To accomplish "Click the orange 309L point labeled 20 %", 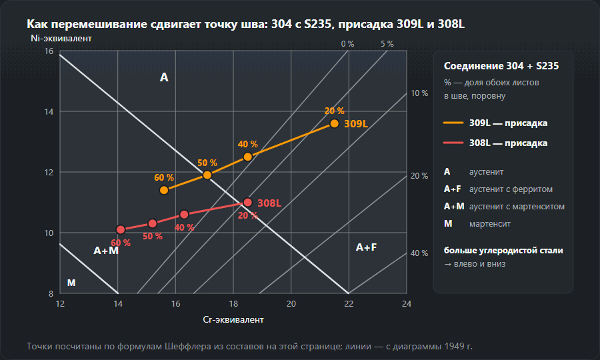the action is [x=335, y=123].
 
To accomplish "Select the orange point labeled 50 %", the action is [x=207, y=175].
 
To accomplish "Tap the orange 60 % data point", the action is [x=164, y=190].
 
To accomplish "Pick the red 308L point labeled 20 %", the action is [x=247, y=203].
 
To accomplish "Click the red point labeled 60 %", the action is [x=121, y=229].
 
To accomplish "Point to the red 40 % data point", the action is [x=184, y=215].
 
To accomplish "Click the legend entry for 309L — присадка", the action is [x=495, y=123].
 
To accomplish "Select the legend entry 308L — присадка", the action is [x=495, y=143].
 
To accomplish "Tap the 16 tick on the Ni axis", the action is [x=49, y=51].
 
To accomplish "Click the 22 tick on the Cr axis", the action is [x=349, y=304].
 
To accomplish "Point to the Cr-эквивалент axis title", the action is [x=233, y=320].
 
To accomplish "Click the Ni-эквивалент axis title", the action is [x=61, y=38].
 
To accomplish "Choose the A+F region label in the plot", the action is [x=366, y=247].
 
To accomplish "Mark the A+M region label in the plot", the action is [x=106, y=251].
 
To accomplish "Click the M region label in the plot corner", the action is [x=71, y=283].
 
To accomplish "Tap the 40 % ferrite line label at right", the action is [x=419, y=253].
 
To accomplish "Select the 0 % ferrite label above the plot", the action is [x=347, y=44].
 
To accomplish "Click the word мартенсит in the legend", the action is [x=490, y=224].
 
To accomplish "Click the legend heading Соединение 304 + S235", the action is [x=501, y=66].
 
